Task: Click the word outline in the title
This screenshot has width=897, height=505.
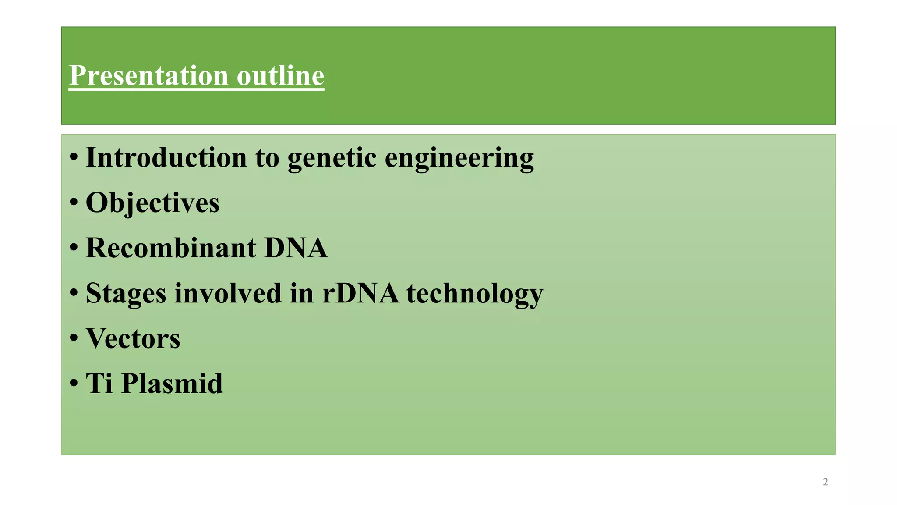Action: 280,75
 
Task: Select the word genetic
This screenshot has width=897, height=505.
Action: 332,158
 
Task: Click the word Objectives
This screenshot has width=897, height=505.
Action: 152,203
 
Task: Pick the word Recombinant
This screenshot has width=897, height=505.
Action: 171,248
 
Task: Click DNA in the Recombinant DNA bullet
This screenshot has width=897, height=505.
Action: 296,248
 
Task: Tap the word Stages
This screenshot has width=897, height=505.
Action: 126,293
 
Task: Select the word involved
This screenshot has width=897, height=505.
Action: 227,293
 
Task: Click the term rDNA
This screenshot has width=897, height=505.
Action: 360,293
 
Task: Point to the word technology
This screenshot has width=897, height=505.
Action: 475,293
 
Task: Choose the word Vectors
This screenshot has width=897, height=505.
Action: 133,338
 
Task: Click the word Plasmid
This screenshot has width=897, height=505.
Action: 172,384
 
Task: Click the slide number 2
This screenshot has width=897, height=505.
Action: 826,482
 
